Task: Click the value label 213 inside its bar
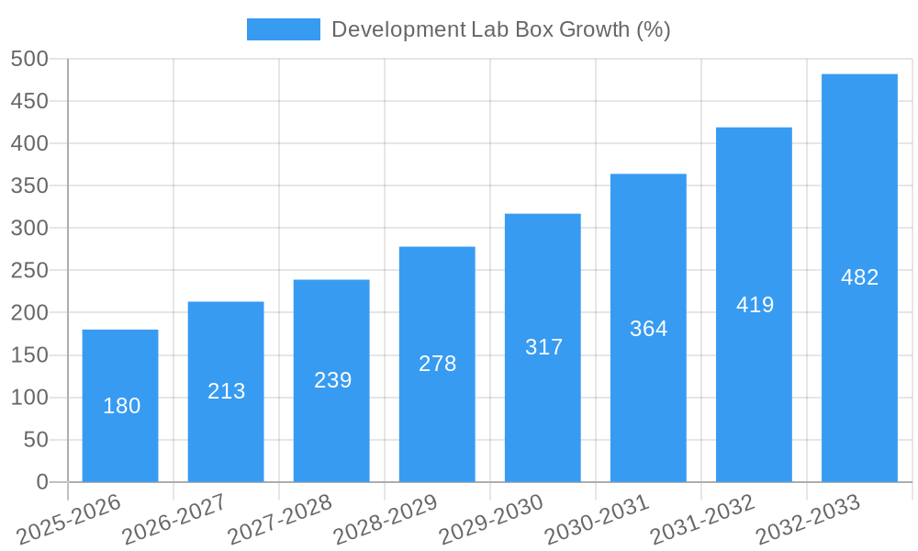[x=226, y=391]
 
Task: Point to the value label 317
[x=543, y=347]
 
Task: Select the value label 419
[x=755, y=305]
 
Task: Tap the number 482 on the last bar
[x=859, y=277]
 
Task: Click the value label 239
[x=332, y=380]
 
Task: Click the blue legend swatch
[x=284, y=29]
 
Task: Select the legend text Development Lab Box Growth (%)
[x=500, y=29]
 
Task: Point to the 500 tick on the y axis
[x=29, y=59]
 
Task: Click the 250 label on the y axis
[x=29, y=270]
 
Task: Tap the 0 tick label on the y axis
[x=42, y=482]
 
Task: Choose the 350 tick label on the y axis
[x=29, y=186]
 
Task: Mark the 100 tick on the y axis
[x=29, y=398]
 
